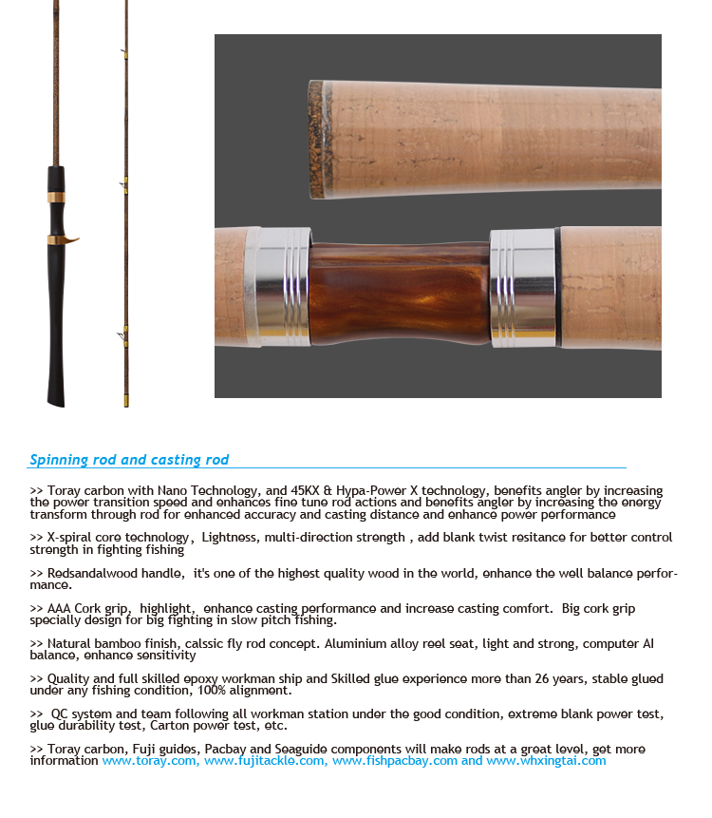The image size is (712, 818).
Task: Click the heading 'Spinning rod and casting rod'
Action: (129, 460)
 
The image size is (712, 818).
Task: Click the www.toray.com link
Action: (150, 761)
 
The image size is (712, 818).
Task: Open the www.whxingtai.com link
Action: (546, 761)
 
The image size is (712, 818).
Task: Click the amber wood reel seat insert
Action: (400, 295)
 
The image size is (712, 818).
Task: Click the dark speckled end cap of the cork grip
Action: (315, 139)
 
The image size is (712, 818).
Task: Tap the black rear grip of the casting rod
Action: (57, 333)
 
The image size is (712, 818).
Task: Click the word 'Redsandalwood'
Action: (95, 574)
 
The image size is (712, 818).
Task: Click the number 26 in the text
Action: (549, 679)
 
